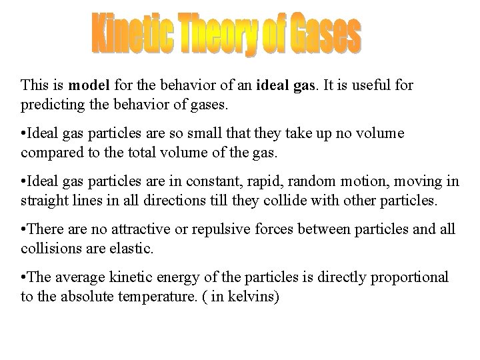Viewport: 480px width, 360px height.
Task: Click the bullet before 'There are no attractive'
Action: coord(23,229)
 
